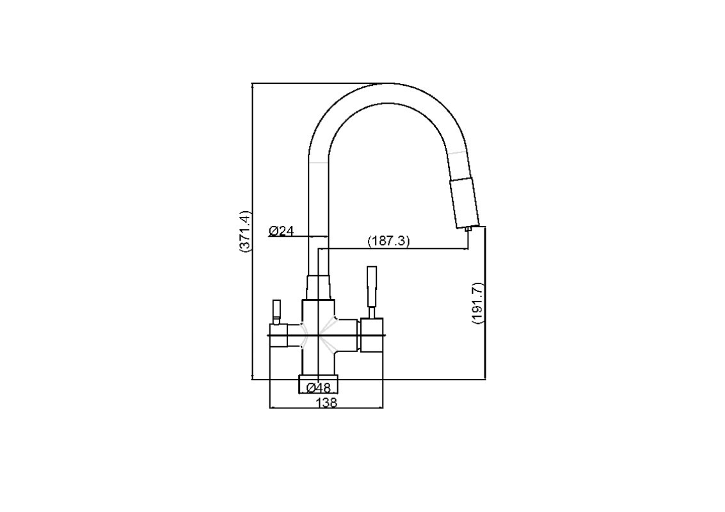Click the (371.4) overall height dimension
pos(245,231)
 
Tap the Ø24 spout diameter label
pos(281,230)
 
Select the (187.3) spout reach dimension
pos(388,241)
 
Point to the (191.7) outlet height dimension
pos(478,303)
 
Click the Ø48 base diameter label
pos(319,387)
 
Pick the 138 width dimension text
pos(326,403)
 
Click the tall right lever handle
pos(371,292)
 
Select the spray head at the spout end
pos(465,203)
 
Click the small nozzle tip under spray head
pos(468,228)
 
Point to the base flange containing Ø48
pos(319,384)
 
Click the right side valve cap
pos(372,335)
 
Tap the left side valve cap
pos(278,335)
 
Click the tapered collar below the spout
pos(319,287)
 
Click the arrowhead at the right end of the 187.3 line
pos(465,249)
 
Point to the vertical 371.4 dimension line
pos(253,231)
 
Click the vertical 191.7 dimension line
pos(486,303)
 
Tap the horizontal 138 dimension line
pos(326,408)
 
